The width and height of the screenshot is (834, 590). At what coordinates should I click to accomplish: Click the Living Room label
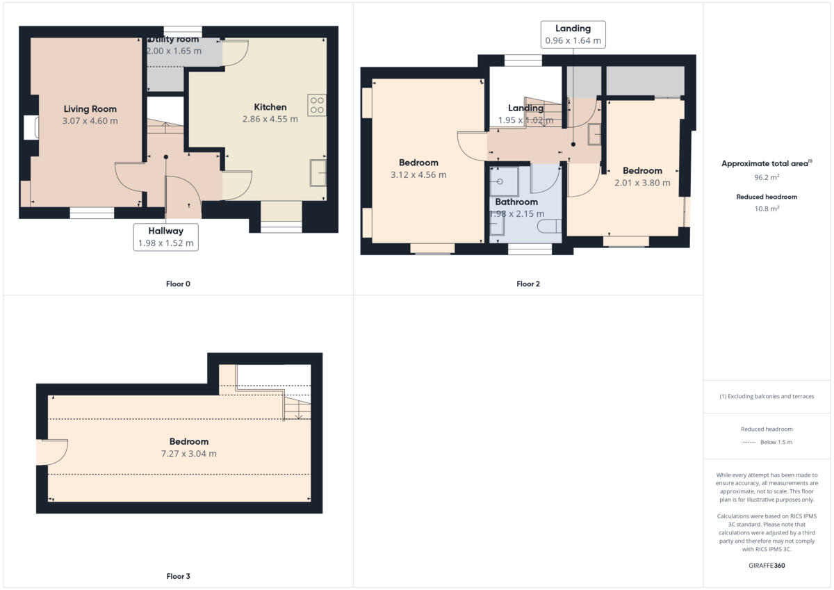pyautogui.click(x=90, y=109)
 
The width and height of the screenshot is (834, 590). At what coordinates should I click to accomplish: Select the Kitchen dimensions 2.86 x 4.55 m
pyautogui.click(x=270, y=119)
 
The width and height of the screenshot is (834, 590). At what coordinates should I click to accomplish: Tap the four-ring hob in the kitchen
pyautogui.click(x=317, y=104)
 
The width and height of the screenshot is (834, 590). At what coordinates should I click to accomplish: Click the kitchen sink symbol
pyautogui.click(x=319, y=173)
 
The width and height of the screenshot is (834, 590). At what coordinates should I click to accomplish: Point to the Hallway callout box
pyautogui.click(x=165, y=237)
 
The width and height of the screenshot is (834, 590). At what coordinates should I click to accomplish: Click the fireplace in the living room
pyautogui.click(x=30, y=128)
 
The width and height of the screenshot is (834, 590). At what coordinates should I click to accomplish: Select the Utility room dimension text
pyautogui.click(x=173, y=51)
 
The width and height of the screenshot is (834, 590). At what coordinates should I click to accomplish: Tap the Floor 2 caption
pyautogui.click(x=528, y=284)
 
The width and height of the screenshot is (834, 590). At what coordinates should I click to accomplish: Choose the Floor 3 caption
pyautogui.click(x=178, y=576)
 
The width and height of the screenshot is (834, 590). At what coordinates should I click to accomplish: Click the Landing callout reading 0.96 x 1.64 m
pyautogui.click(x=573, y=35)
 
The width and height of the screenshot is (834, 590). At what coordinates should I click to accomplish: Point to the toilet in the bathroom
pyautogui.click(x=552, y=226)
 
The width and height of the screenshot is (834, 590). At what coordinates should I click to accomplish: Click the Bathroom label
pyautogui.click(x=516, y=202)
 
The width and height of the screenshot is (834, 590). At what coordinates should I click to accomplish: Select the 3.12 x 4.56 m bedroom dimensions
pyautogui.click(x=418, y=175)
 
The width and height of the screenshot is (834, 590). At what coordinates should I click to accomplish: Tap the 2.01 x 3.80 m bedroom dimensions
pyautogui.click(x=642, y=183)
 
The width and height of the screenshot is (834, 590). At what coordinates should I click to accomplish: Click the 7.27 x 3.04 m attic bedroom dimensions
pyautogui.click(x=188, y=454)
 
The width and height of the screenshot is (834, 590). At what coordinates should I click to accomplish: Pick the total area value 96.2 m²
pyautogui.click(x=767, y=177)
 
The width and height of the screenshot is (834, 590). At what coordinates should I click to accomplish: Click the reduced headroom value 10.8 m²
pyautogui.click(x=767, y=208)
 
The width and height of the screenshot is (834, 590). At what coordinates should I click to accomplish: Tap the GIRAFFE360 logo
pyautogui.click(x=767, y=566)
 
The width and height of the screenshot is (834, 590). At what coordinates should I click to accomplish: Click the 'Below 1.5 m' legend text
pyautogui.click(x=776, y=442)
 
